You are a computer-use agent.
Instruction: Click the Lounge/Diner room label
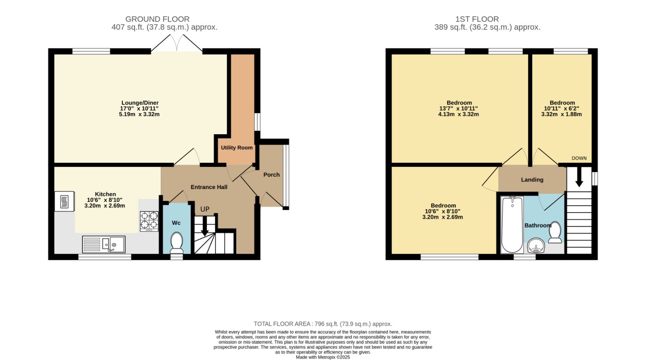click(140, 103)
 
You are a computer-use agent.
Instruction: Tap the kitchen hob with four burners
click(149, 221)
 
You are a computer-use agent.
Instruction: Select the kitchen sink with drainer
click(104, 244)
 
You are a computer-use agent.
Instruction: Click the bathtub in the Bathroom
click(512, 225)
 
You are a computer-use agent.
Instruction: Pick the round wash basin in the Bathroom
click(536, 246)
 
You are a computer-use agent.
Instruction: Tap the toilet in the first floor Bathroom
click(555, 232)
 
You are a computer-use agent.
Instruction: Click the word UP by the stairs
click(205, 209)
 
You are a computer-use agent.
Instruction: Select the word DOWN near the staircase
click(579, 158)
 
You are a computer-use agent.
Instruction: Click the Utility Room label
click(237, 147)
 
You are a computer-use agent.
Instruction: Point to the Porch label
click(271, 175)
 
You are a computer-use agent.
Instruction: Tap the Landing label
click(532, 179)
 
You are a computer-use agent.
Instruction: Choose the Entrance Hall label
click(209, 187)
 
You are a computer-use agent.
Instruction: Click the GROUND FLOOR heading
click(157, 19)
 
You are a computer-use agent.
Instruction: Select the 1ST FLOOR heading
click(477, 19)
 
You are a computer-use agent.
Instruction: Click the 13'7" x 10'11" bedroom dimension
click(459, 109)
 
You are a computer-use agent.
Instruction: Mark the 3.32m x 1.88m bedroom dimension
click(562, 114)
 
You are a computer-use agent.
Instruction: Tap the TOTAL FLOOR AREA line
click(323, 324)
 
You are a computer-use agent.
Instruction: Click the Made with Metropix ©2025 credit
click(323, 357)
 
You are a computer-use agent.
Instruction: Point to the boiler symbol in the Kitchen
click(64, 201)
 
